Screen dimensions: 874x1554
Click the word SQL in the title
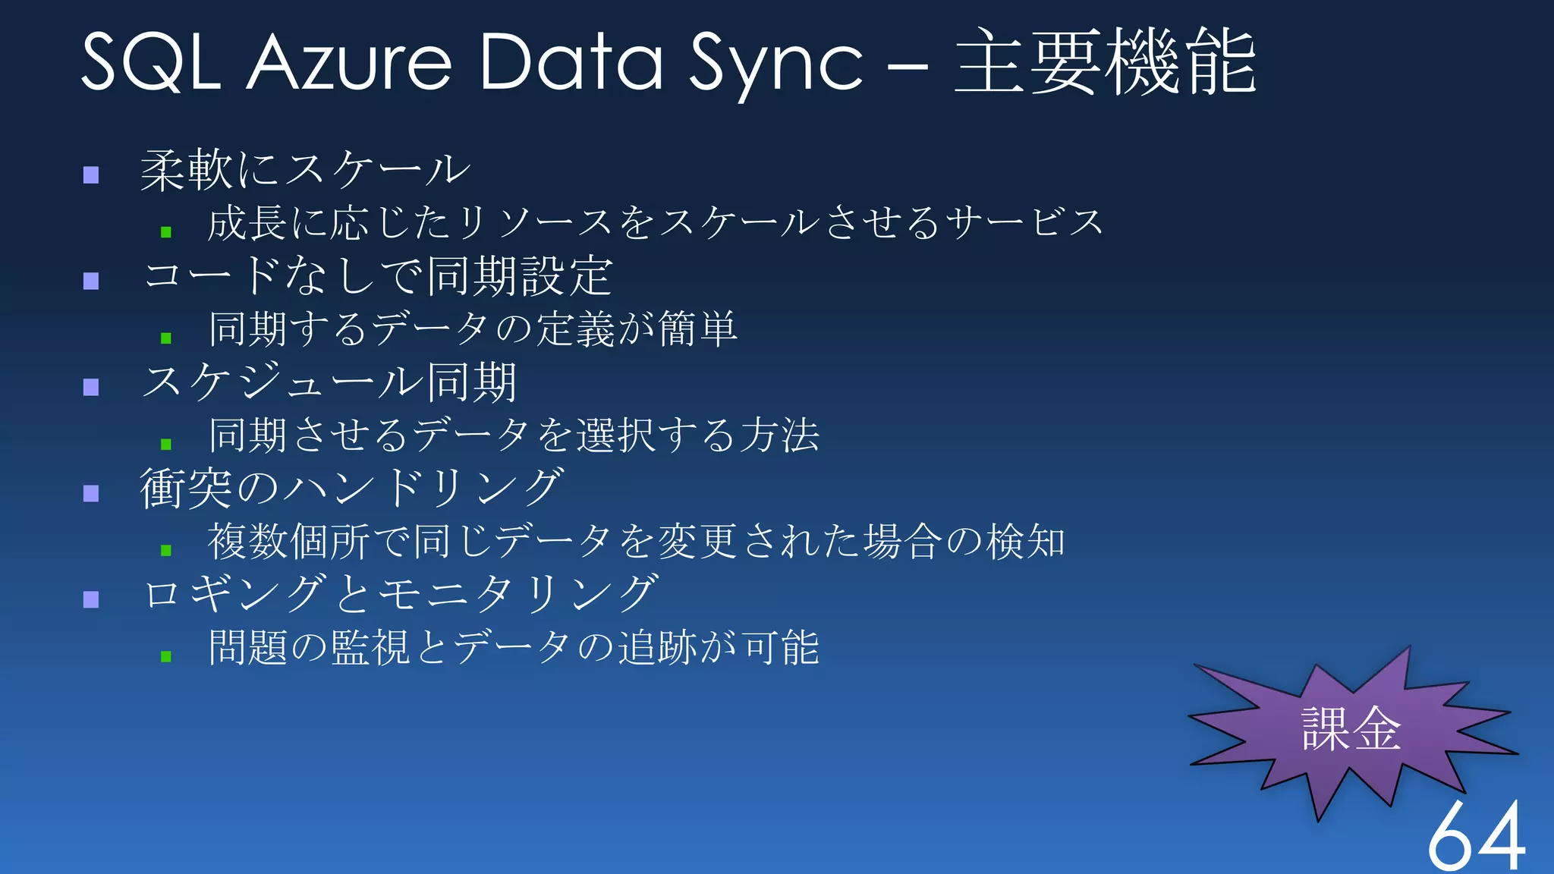coord(150,62)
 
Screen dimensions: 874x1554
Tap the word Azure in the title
coord(348,62)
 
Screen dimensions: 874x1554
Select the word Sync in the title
coord(775,62)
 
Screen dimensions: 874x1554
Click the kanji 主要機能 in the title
coord(1105,62)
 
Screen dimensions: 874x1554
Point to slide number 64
coord(1476,835)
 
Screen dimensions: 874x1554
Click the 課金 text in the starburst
coord(1351,729)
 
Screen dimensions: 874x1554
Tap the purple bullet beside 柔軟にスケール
coord(92,175)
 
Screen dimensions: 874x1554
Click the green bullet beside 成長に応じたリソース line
coord(166,231)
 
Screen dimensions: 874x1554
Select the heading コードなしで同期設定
coord(378,276)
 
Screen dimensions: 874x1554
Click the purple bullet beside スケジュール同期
coord(92,388)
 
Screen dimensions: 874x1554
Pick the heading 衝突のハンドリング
coord(352,488)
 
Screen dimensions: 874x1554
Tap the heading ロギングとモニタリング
coord(401,594)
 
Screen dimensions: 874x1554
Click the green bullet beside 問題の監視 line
coord(166,656)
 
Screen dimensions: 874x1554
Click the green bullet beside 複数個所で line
coord(166,550)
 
